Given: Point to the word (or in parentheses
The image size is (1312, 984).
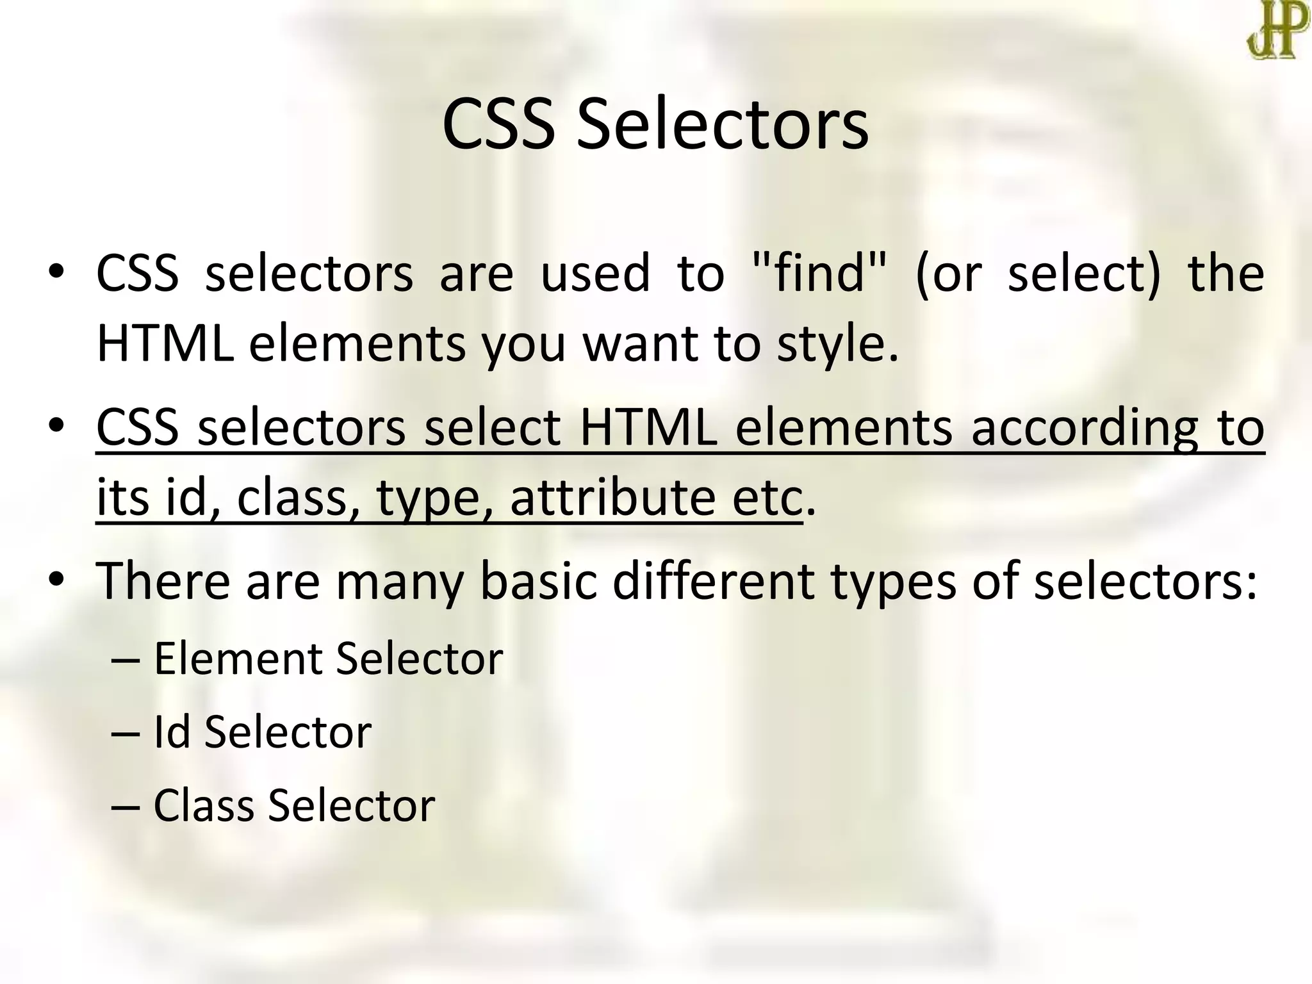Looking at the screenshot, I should tap(949, 274).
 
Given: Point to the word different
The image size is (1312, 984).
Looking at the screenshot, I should tap(714, 580).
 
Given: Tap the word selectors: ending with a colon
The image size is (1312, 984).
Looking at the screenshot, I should tap(1145, 580).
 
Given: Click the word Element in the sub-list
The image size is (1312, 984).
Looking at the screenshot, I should tap(236, 659).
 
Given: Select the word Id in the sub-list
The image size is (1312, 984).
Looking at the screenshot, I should tap(172, 732).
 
